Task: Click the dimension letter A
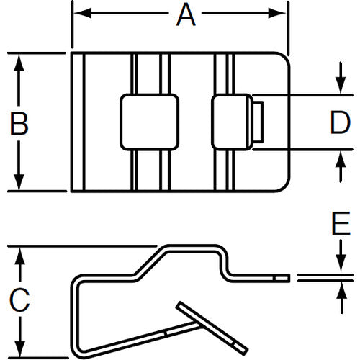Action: [x=186, y=14]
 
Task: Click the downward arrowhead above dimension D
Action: [x=339, y=87]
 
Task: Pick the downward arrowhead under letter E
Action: [x=339, y=267]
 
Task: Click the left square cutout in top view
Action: [x=148, y=122]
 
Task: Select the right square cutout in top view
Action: [x=232, y=122]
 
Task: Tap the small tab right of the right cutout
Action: [x=258, y=122]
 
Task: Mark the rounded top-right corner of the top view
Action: [x=282, y=59]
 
